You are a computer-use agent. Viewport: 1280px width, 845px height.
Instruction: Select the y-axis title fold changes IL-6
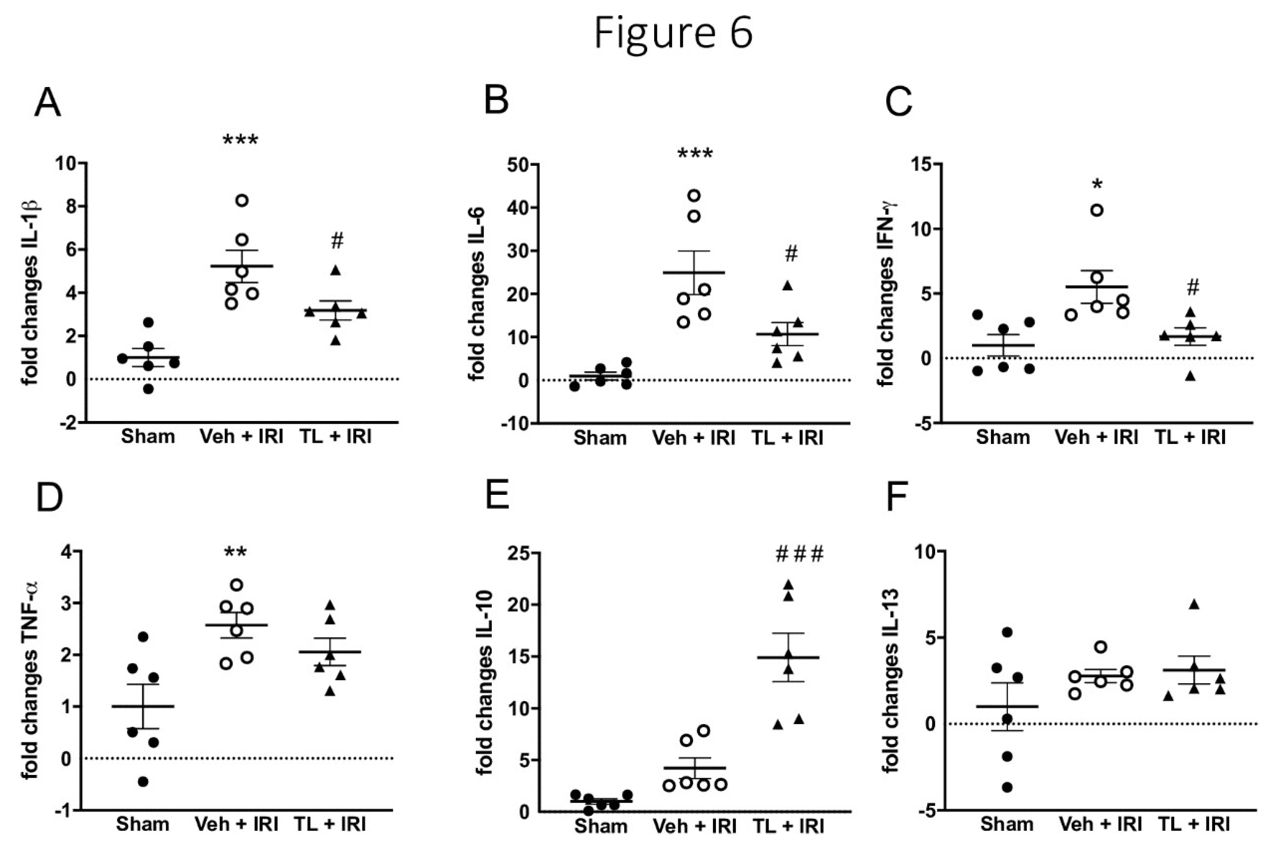(x=477, y=294)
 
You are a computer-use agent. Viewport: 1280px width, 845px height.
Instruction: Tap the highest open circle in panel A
(x=242, y=201)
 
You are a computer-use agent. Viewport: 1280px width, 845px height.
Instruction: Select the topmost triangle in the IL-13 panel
(x=1194, y=605)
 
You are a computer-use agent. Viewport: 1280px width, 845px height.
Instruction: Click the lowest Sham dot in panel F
(x=1007, y=787)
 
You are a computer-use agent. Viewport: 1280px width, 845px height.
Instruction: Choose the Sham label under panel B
(x=600, y=438)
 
